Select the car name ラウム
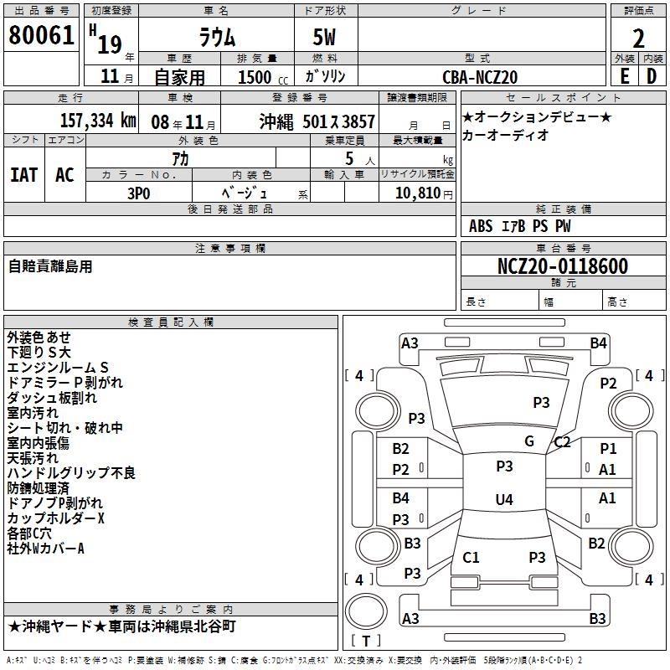tap(216, 37)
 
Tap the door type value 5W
tap(326, 37)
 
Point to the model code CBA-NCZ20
tap(480, 77)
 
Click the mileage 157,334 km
tap(98, 121)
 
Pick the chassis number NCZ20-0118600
tap(562, 266)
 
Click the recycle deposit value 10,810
tap(416, 193)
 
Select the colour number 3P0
tap(139, 193)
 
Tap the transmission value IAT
tap(24, 174)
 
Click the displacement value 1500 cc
tap(263, 77)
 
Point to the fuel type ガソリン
tap(326, 76)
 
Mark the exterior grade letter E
tap(624, 76)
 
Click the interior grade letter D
tap(652, 76)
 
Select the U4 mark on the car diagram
tap(503, 500)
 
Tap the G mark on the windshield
tap(528, 441)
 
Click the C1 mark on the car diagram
tap(471, 557)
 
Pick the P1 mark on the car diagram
tap(607, 449)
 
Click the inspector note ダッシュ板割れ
tap(52, 398)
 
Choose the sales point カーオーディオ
tap(505, 135)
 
